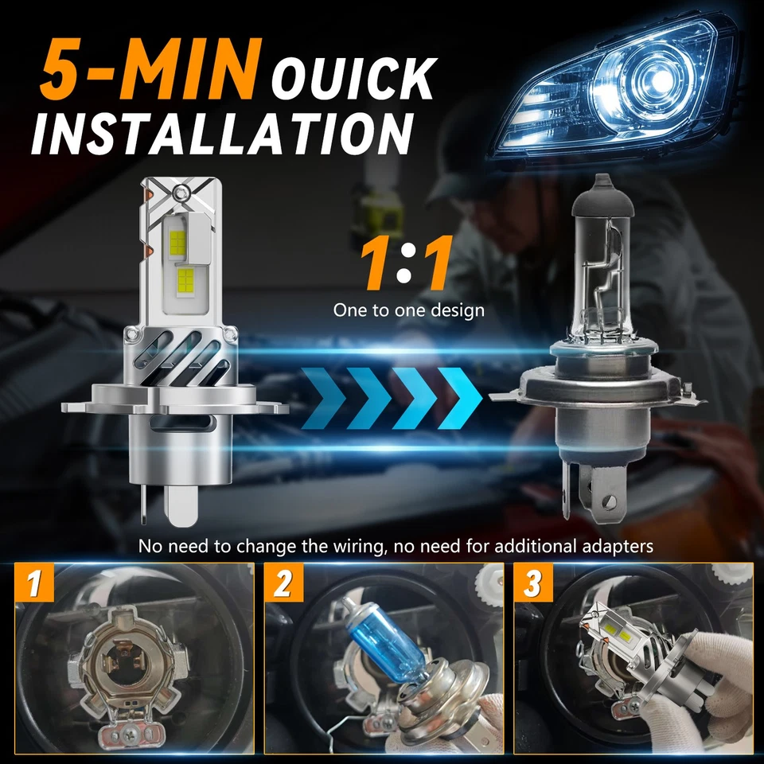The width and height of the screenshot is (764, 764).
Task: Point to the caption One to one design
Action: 408,310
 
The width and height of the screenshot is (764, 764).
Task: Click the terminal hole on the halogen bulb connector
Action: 610,502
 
